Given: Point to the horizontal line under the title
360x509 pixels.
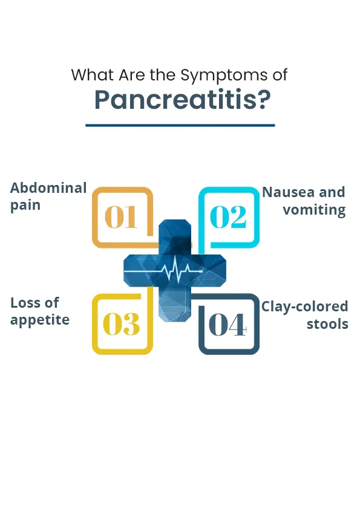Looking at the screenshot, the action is [x=180, y=125].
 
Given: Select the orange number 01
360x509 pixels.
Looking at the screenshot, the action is [x=120, y=217].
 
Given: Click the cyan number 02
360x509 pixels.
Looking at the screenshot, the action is [x=228, y=217].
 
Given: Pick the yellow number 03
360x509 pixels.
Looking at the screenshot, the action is [x=121, y=324].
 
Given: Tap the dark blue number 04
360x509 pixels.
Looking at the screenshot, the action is [x=227, y=324].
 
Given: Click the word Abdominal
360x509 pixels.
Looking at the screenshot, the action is [x=48, y=187].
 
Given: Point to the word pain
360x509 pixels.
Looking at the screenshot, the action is [x=25, y=206].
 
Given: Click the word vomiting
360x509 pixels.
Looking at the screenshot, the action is [x=314, y=210].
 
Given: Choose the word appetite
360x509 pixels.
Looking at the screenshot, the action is [x=40, y=320].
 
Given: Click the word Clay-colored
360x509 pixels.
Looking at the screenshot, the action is [x=305, y=306].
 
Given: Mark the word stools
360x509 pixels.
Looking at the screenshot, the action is [x=327, y=324].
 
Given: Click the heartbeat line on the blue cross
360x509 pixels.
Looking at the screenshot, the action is [x=163, y=269].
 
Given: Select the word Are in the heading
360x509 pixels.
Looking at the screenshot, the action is [x=132, y=75].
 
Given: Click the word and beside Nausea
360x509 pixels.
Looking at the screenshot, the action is [x=332, y=192].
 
